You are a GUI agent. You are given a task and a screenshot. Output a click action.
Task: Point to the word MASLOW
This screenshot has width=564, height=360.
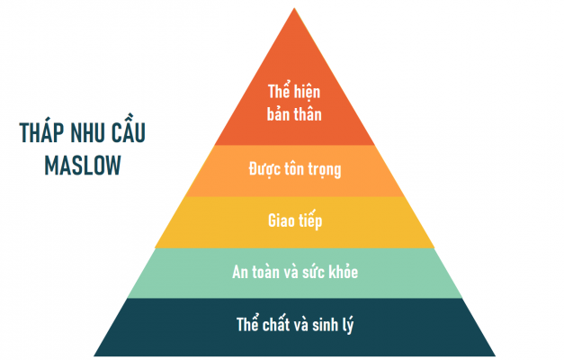point(83,166)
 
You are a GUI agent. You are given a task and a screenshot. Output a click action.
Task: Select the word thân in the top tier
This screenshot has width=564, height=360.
point(308,114)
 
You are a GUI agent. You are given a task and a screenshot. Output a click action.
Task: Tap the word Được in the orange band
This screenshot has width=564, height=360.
point(264,169)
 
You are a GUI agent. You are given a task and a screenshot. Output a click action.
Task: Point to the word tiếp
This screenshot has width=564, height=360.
point(310,220)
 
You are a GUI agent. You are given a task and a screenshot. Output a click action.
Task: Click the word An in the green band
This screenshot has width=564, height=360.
point(241,272)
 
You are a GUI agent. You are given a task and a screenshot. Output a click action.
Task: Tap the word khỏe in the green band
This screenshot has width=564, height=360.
point(344,271)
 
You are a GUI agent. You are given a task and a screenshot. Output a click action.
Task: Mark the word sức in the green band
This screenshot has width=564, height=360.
point(314,271)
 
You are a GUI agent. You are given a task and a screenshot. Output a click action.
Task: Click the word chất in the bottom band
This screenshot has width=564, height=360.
point(276,324)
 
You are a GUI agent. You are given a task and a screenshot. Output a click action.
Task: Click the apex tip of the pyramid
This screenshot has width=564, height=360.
point(294,8)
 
